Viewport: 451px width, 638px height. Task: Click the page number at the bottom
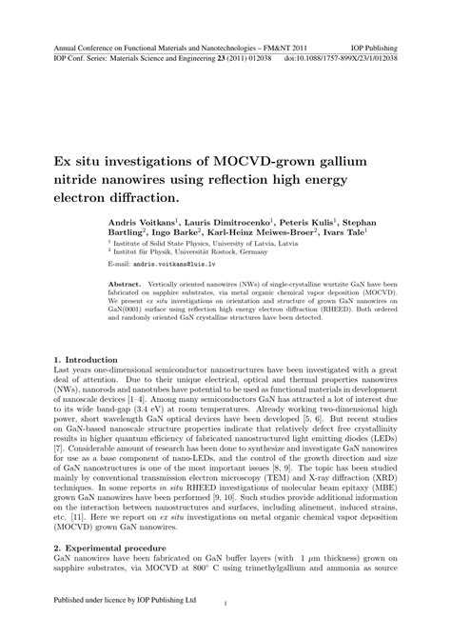click(225, 604)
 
